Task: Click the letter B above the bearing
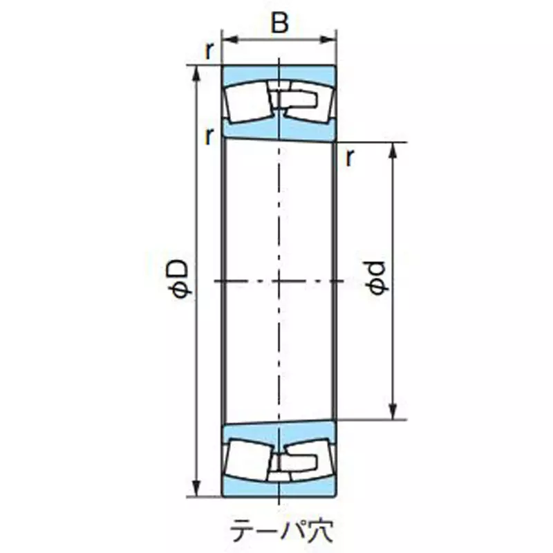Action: point(279,24)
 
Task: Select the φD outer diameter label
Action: point(179,279)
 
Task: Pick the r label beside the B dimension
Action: point(208,50)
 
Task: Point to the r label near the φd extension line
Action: point(350,158)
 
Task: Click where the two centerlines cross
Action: point(279,281)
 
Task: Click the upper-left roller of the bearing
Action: point(247,104)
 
